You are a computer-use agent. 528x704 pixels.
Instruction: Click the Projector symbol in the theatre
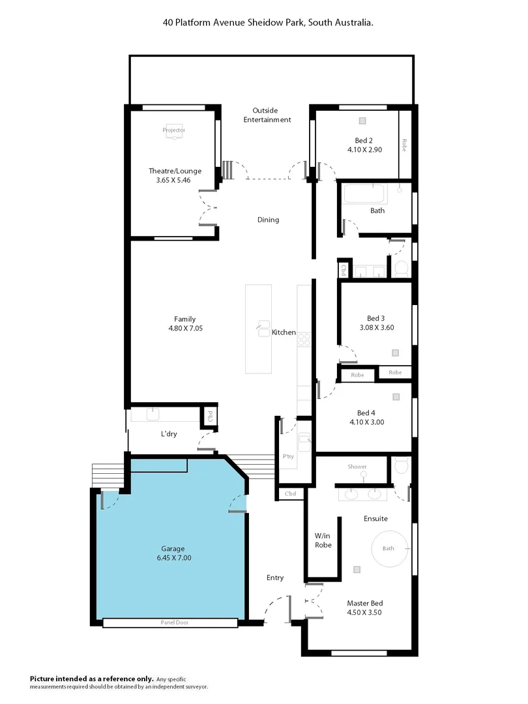[174, 130]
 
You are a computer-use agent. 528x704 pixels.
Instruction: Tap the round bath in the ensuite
[389, 548]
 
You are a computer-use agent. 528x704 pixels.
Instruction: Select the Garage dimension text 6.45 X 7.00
[173, 557]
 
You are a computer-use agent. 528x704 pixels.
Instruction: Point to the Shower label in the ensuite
[357, 467]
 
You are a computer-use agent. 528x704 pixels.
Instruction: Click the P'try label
[288, 456]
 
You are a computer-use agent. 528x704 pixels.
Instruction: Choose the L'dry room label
[169, 434]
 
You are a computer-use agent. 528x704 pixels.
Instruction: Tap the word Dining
[268, 220]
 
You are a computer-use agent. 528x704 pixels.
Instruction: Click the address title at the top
[267, 22]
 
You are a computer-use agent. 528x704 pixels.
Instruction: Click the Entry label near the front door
[275, 578]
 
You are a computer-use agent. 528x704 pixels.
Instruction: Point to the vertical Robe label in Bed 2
[404, 145]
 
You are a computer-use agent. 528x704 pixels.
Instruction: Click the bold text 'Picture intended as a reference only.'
[92, 679]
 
